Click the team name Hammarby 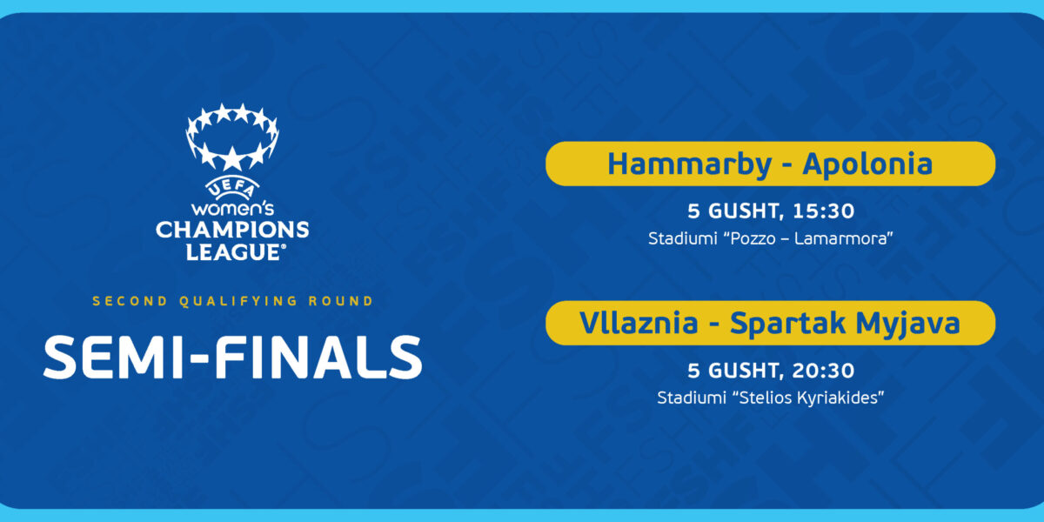point(689,165)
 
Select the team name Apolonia point(867,165)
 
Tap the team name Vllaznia point(639,323)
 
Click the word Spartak point(787,324)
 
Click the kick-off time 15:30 point(824,211)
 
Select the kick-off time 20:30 point(823,371)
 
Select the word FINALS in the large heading point(318,357)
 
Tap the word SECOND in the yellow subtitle point(130,301)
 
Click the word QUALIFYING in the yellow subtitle point(238,301)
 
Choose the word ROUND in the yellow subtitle point(341,301)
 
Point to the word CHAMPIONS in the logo point(232,231)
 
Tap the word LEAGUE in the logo point(233,252)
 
